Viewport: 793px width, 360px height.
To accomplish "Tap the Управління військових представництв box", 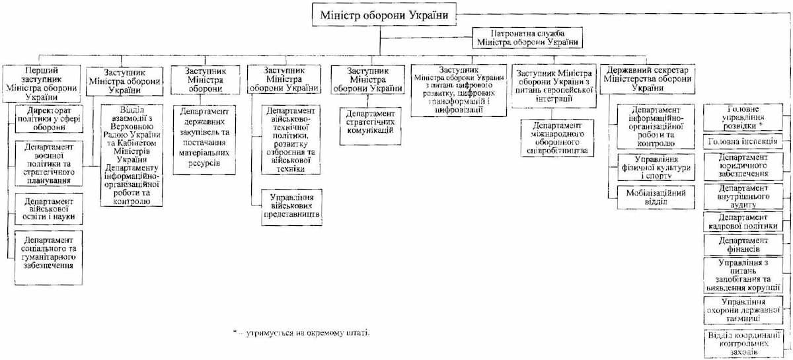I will tap(291, 205).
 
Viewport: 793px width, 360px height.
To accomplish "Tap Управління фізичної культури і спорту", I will tap(655, 167).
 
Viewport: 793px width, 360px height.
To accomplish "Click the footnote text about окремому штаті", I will tap(301, 333).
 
